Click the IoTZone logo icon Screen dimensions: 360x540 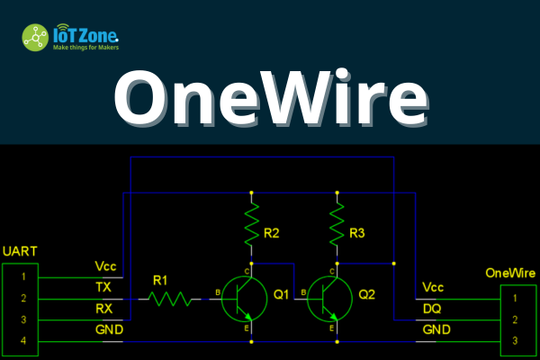(x=36, y=37)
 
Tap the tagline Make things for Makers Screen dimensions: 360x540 (x=85, y=47)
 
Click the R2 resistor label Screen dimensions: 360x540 (x=272, y=234)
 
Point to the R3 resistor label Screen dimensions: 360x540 (x=357, y=234)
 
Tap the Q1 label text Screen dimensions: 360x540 (x=281, y=293)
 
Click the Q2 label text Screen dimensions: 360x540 (x=366, y=293)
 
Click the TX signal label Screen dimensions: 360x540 (x=104, y=288)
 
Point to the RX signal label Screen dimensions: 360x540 (x=104, y=310)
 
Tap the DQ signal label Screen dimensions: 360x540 (x=432, y=309)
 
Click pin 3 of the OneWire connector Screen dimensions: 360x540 (x=515, y=341)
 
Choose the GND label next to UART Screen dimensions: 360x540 (x=108, y=331)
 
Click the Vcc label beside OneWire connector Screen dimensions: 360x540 (x=433, y=288)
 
